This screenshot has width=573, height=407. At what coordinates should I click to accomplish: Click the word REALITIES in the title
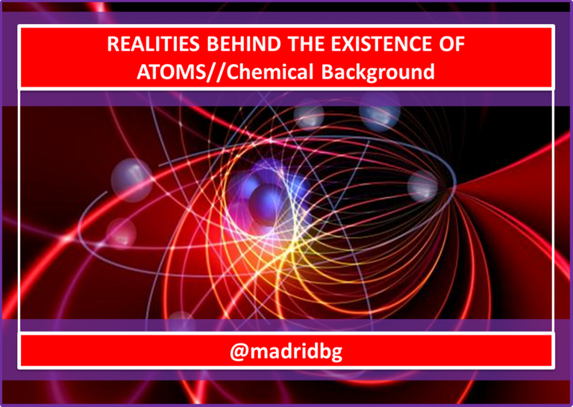pyautogui.click(x=154, y=44)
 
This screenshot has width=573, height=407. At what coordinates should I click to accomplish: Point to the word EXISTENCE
pyautogui.click(x=376, y=44)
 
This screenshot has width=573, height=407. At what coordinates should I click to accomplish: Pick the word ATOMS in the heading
pyautogui.click(x=172, y=72)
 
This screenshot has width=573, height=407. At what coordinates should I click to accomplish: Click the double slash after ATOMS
pyautogui.click(x=216, y=72)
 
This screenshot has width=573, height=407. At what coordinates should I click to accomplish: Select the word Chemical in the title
pyautogui.click(x=270, y=71)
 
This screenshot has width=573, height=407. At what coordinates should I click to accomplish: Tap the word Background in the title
pyautogui.click(x=378, y=72)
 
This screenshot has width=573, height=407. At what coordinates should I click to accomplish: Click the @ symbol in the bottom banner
pyautogui.click(x=239, y=352)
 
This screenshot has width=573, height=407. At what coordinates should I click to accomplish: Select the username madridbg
pyautogui.click(x=296, y=352)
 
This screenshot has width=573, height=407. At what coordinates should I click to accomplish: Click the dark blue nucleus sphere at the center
pyautogui.click(x=267, y=204)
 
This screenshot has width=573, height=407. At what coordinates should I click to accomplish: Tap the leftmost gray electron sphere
pyautogui.click(x=131, y=179)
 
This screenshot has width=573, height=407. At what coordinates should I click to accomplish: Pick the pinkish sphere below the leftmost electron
pyautogui.click(x=121, y=232)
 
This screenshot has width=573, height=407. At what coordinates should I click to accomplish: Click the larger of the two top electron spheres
pyautogui.click(x=380, y=111)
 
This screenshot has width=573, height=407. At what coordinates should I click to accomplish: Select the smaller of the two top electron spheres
pyautogui.click(x=309, y=115)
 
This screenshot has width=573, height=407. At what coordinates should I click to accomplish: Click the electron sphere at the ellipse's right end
pyautogui.click(x=423, y=187)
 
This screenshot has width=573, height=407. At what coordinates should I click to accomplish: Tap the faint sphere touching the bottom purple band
pyautogui.click(x=181, y=321)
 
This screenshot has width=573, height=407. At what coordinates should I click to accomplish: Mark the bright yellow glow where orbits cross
pyautogui.click(x=290, y=252)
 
